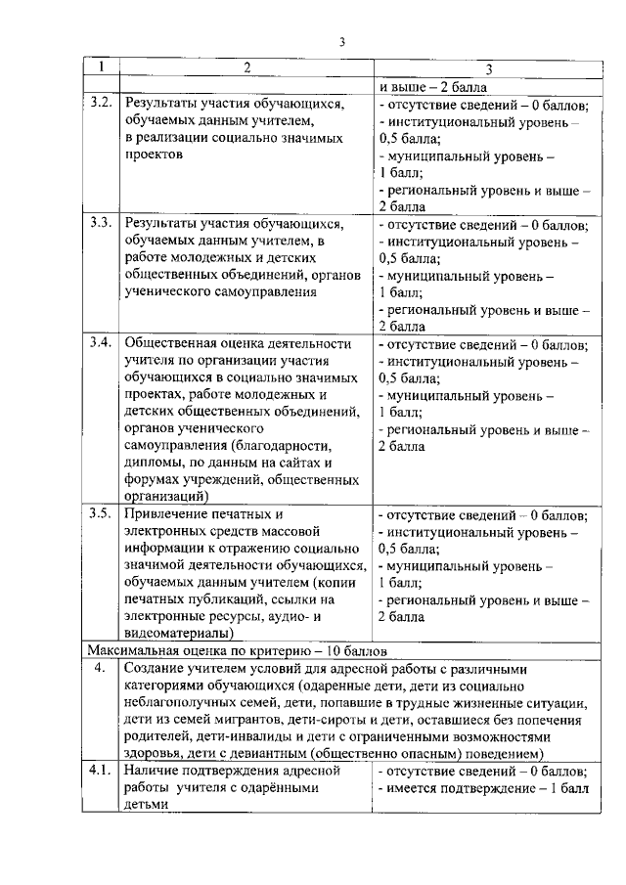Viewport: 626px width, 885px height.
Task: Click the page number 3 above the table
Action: (342, 40)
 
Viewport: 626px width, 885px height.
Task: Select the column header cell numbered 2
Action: (246, 67)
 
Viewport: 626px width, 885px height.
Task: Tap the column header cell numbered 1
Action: (100, 67)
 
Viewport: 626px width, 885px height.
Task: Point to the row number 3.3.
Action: (100, 223)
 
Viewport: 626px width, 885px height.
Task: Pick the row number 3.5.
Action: (100, 513)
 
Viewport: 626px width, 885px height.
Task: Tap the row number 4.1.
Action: (100, 771)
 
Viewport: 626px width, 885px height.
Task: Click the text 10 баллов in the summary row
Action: (354, 650)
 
